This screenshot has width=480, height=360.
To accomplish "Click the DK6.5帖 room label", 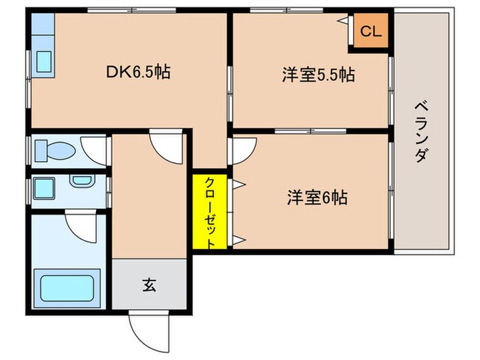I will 138,71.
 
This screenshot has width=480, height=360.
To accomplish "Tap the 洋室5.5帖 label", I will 317,75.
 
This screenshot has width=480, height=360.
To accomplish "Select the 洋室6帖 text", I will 317,198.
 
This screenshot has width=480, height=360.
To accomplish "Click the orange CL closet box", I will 370,31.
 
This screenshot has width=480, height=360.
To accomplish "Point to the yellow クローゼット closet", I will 211,212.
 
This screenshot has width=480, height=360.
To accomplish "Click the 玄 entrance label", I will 149,284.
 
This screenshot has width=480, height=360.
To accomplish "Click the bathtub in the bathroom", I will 67,287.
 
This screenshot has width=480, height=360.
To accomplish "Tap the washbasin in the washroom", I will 81,182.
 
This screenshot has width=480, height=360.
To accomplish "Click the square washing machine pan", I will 47,187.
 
